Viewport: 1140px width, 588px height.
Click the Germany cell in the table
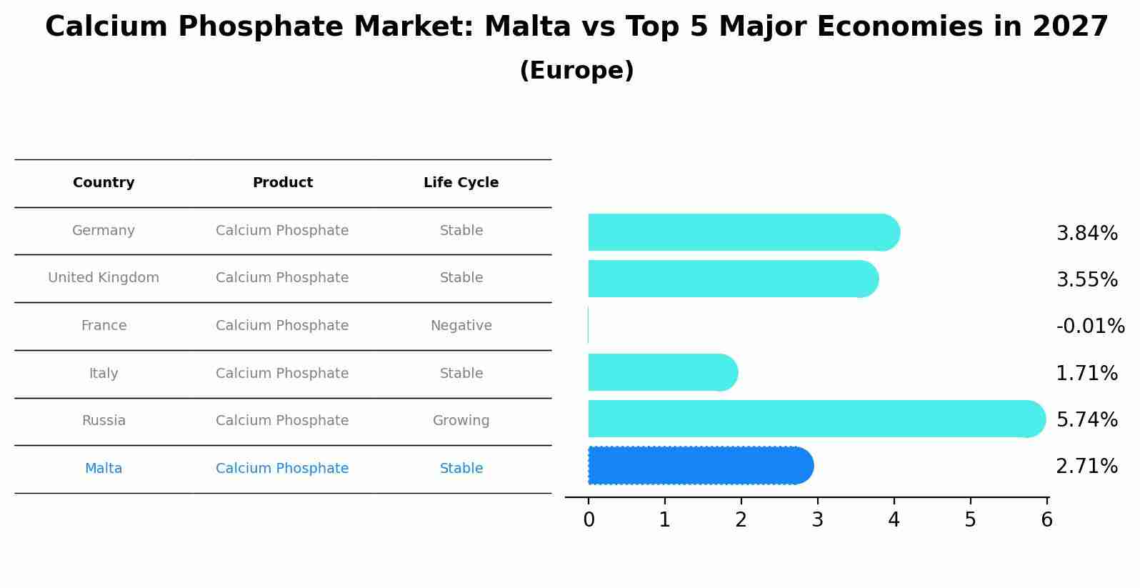tap(104, 231)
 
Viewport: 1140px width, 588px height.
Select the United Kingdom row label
tap(104, 278)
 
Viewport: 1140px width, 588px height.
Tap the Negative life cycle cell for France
tap(461, 326)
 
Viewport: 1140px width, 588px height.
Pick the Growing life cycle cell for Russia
tap(461, 421)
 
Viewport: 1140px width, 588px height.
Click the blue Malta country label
tap(104, 469)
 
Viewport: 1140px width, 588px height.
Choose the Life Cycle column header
tap(461, 183)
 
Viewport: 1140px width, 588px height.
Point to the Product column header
tap(282, 183)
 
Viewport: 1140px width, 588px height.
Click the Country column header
tap(104, 183)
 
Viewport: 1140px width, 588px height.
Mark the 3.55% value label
tap(1086, 280)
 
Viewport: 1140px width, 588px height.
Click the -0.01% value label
tap(1090, 327)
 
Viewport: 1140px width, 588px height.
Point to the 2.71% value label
tap(1086, 467)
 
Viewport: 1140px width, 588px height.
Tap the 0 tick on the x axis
tap(589, 520)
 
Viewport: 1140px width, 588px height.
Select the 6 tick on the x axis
tap(1046, 520)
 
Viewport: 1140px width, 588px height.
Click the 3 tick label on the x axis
tap(817, 520)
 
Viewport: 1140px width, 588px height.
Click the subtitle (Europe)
tap(576, 71)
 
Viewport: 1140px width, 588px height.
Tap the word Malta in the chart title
tap(527, 27)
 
